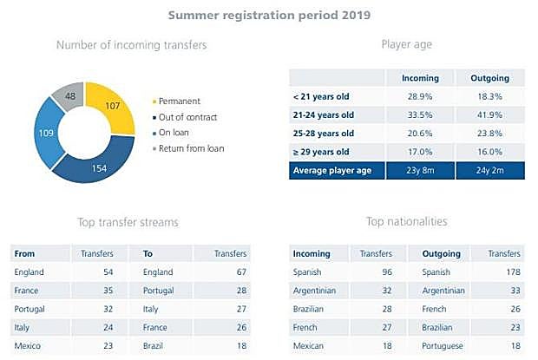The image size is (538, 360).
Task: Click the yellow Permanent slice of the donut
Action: (110, 107)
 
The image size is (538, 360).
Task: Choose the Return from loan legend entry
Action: (191, 148)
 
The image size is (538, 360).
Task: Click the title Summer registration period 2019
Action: (269, 15)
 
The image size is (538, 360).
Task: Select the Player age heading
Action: (408, 44)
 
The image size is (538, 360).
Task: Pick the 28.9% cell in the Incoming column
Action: (420, 97)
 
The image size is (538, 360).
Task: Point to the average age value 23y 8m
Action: (420, 171)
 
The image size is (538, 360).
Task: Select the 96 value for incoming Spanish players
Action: (386, 272)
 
